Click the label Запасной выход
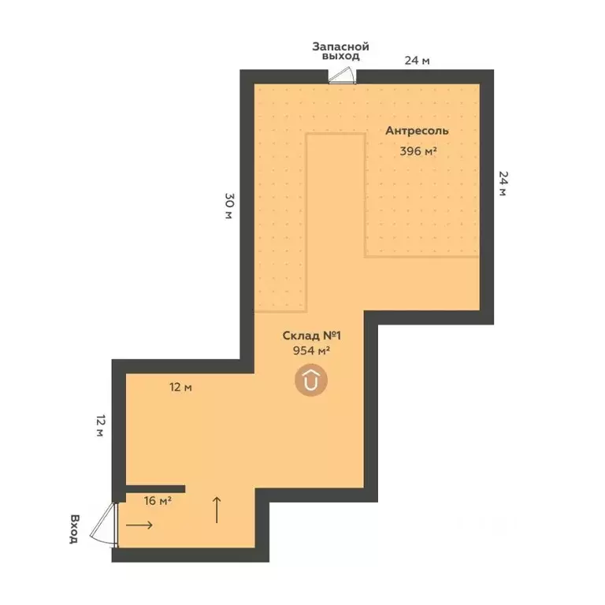[340, 52]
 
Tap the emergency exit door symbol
[343, 75]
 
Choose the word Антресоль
[418, 131]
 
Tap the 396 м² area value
[418, 151]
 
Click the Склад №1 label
[311, 336]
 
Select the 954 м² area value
[310, 351]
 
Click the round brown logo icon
[311, 380]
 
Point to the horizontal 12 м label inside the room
[181, 387]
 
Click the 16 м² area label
[158, 499]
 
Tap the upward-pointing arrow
[217, 510]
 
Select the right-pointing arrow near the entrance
[139, 525]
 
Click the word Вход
[73, 529]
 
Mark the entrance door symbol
[104, 523]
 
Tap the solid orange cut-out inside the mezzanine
[335, 221]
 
